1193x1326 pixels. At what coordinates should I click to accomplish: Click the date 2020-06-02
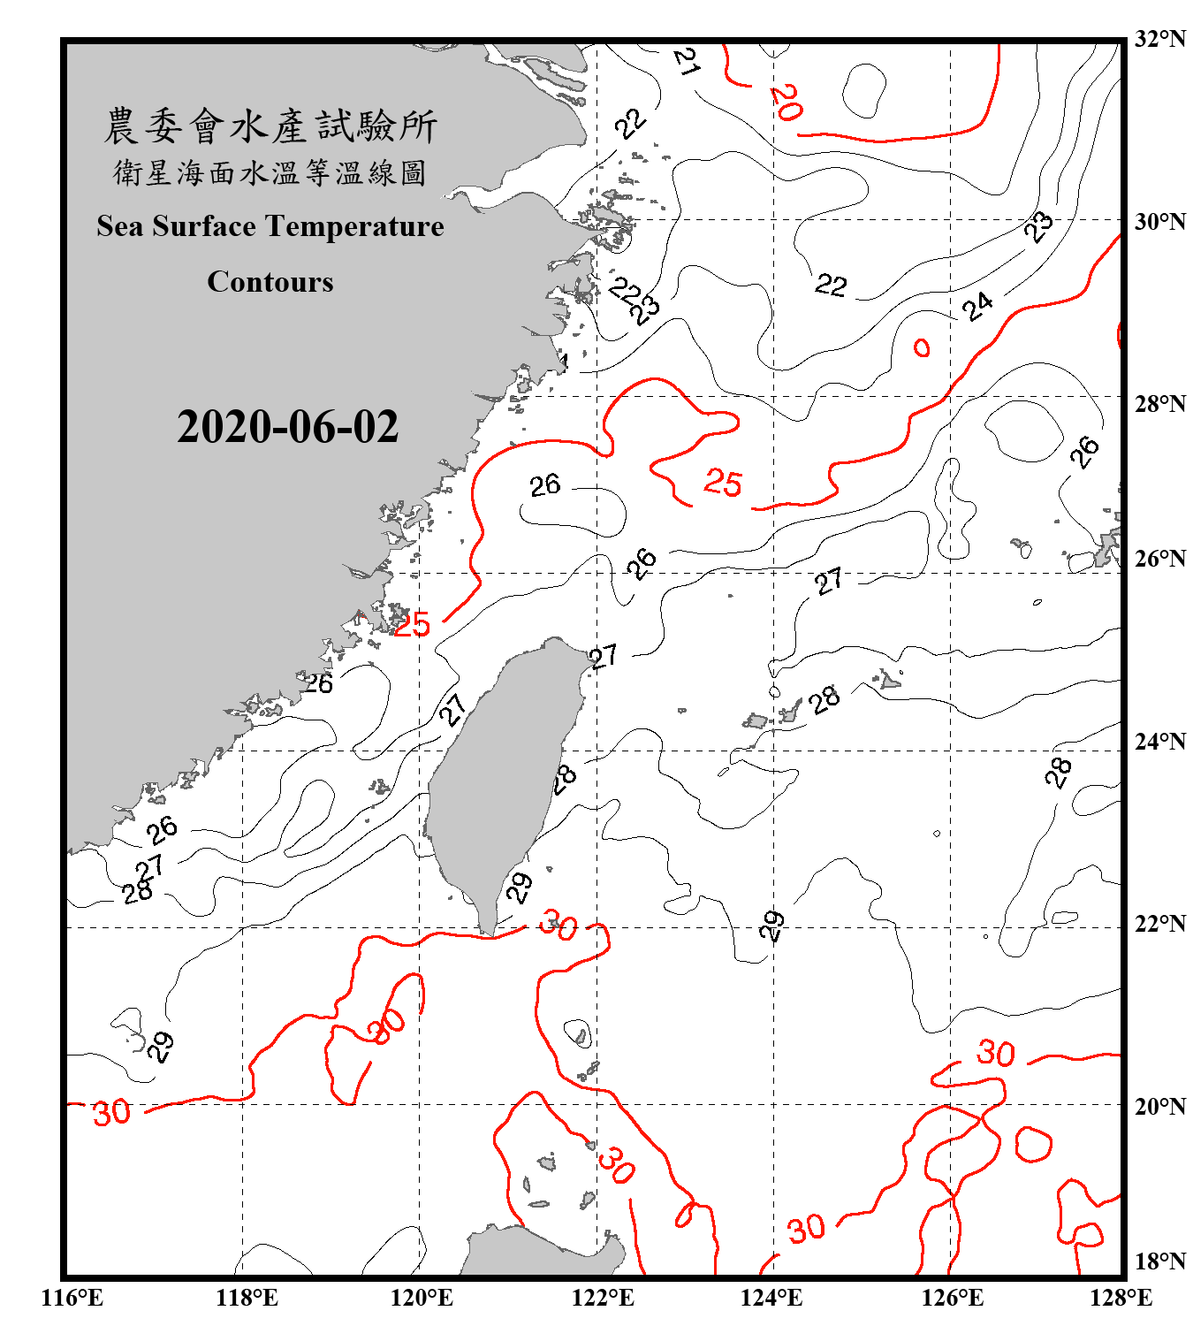[x=287, y=426]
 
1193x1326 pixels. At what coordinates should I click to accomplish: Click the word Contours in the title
[x=270, y=282]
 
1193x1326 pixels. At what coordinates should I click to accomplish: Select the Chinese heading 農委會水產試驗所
[x=270, y=126]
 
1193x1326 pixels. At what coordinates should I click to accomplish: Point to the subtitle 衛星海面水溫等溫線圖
[x=270, y=172]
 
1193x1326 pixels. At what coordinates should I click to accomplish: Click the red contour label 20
[x=786, y=102]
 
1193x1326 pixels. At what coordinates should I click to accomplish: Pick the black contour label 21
[x=687, y=61]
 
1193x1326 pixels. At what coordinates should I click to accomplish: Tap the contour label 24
[x=977, y=307]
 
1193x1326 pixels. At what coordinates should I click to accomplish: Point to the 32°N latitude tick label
[x=1159, y=39]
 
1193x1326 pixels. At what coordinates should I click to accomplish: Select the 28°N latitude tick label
[x=1159, y=404]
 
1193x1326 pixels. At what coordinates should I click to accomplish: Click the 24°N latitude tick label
[x=1159, y=741]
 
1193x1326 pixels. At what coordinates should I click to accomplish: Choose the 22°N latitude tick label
[x=1159, y=924]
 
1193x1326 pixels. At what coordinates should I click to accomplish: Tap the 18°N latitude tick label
[x=1159, y=1261]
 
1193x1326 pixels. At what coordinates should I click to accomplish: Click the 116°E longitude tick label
[x=72, y=1298]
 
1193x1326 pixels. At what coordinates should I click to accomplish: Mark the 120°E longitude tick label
[x=422, y=1298]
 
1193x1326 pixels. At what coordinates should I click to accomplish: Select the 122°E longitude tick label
[x=603, y=1298]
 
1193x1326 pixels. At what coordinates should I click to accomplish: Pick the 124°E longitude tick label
[x=771, y=1298]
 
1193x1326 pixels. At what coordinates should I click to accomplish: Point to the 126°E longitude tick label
[x=952, y=1298]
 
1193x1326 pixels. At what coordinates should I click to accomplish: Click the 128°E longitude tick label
[x=1121, y=1298]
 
